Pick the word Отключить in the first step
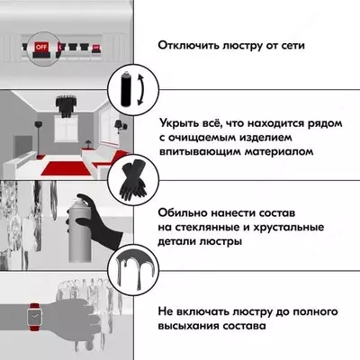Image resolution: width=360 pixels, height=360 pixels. [x=190, y=44]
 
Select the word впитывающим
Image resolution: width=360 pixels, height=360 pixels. [x=202, y=153]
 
